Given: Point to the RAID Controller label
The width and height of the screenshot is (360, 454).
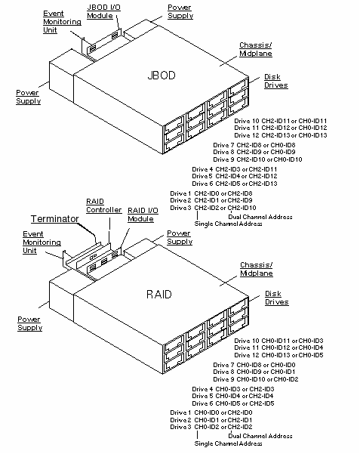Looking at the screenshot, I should [98, 206].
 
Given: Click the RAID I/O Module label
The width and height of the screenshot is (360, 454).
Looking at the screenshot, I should [142, 214].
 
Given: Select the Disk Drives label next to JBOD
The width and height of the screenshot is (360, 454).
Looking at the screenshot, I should [275, 81].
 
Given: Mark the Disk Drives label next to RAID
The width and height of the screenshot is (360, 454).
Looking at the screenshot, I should [276, 298].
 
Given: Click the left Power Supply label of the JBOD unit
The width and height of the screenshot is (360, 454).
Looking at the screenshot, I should [29, 97].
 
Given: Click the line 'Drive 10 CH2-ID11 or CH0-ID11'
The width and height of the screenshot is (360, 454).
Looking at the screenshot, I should [280, 121].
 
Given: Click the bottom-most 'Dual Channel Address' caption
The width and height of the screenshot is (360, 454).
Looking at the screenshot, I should [260, 436].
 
